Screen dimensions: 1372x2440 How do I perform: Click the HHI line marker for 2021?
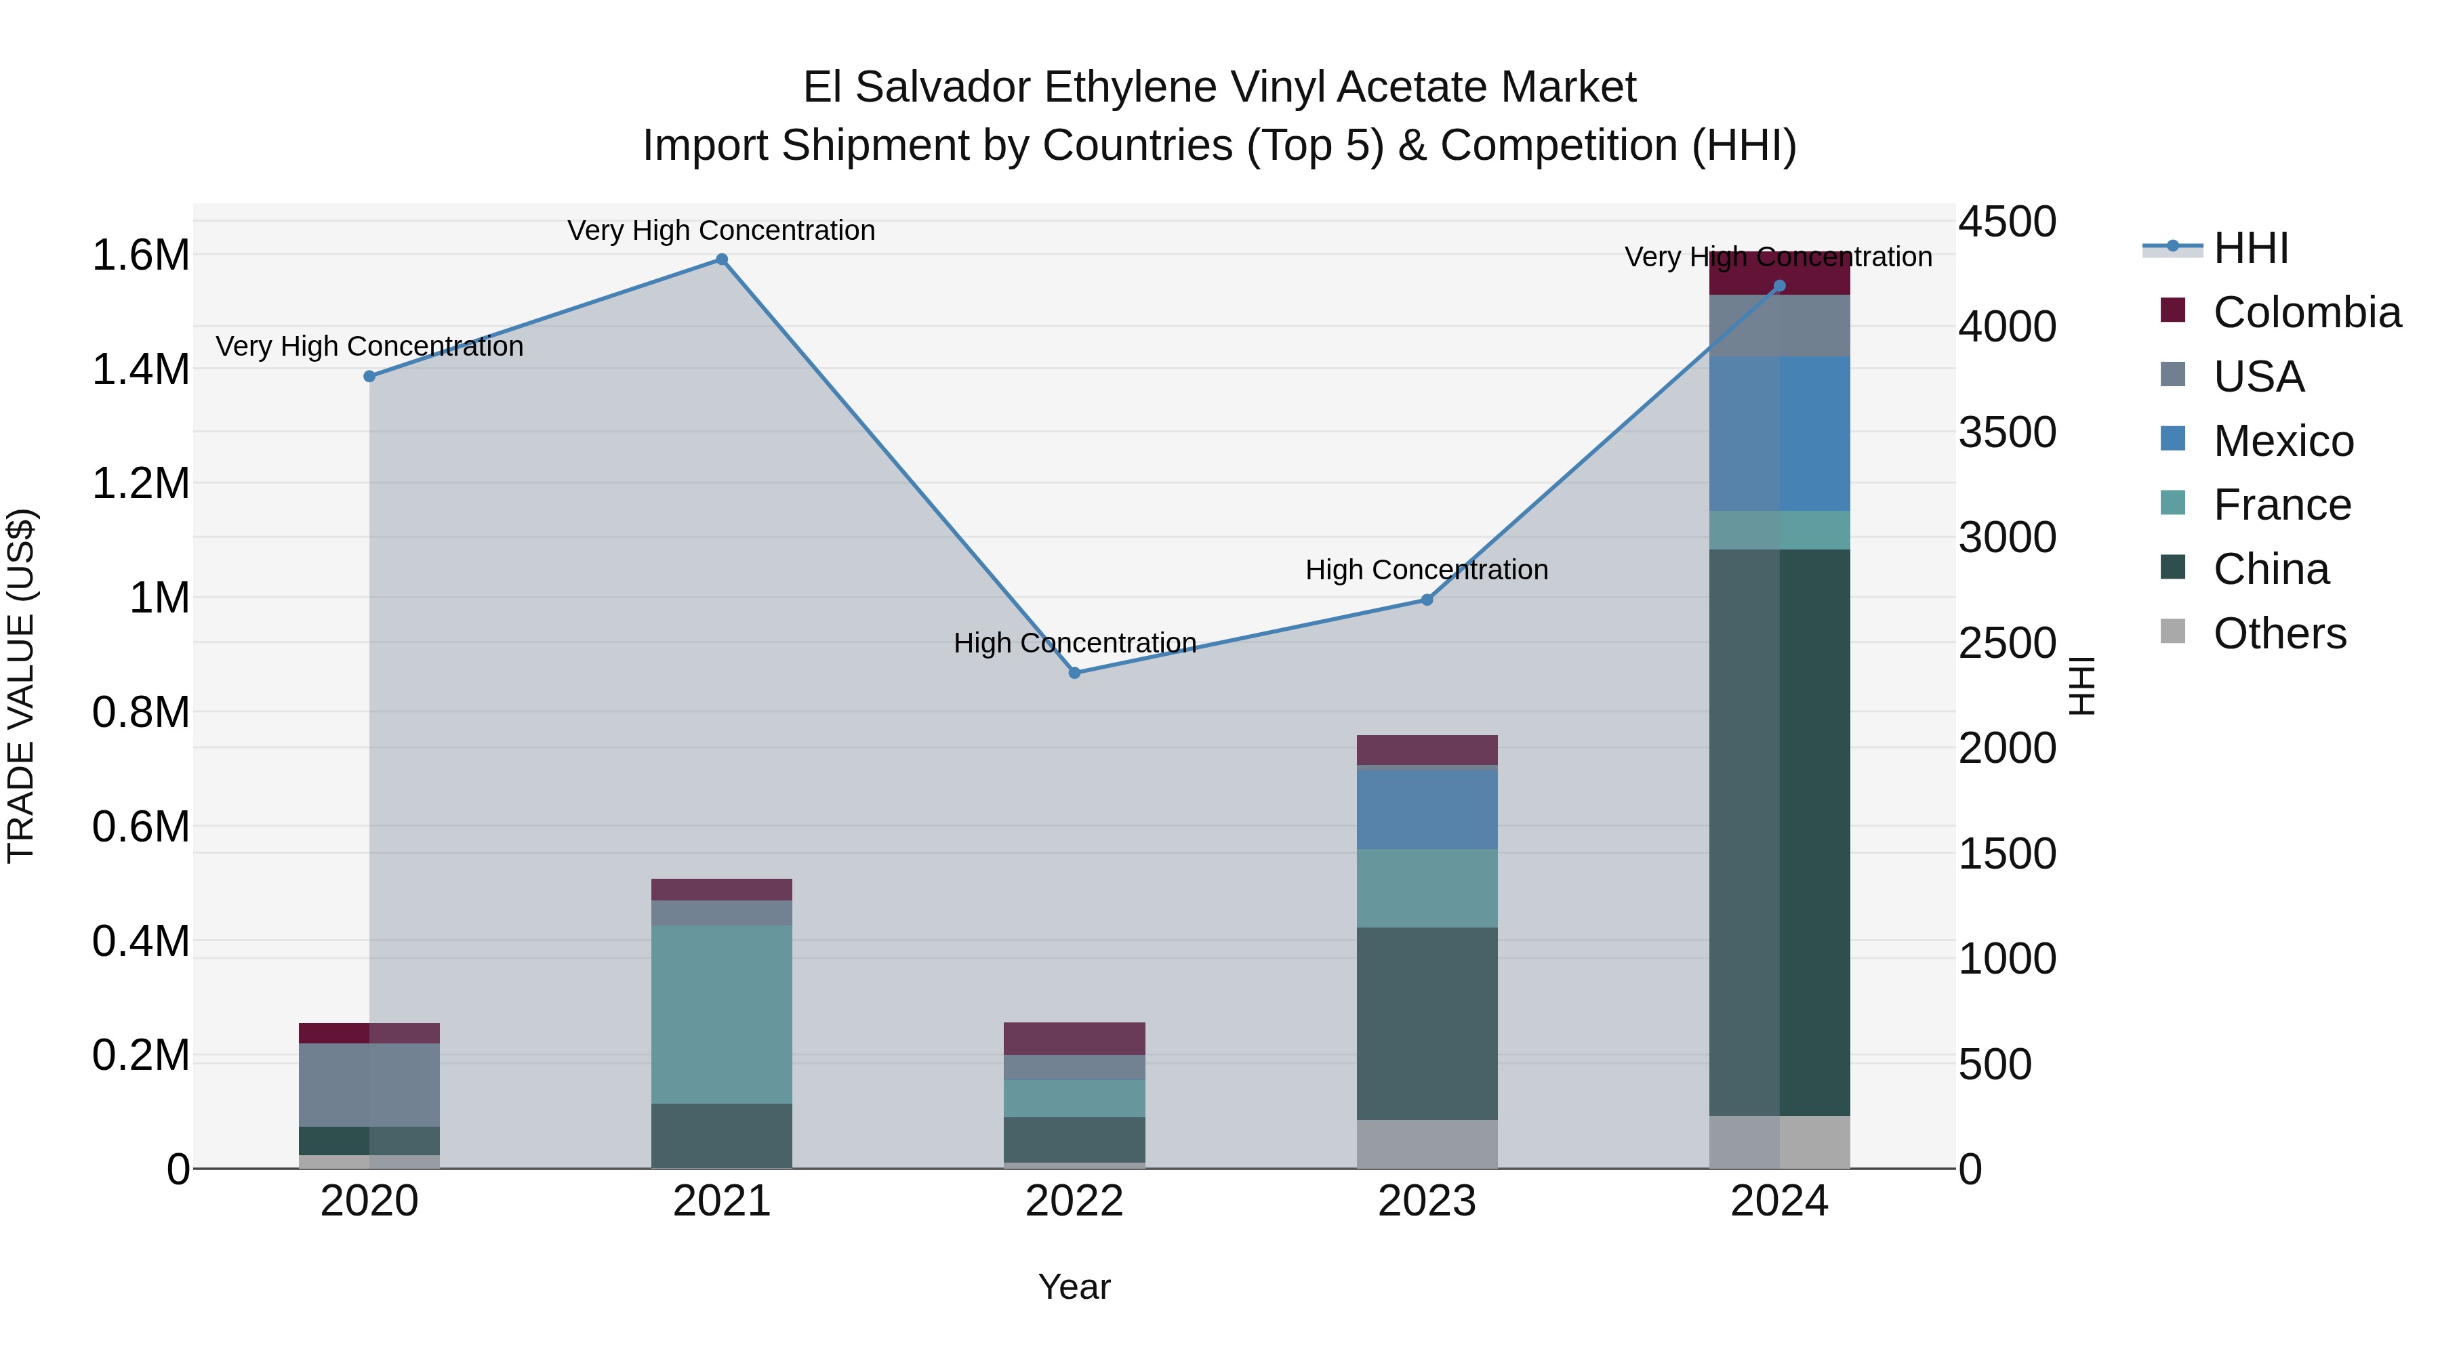pyautogui.click(x=722, y=259)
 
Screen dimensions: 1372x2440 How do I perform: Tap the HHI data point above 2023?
pyautogui.click(x=1427, y=600)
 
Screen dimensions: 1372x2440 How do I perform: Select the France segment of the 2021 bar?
pyautogui.click(x=722, y=1014)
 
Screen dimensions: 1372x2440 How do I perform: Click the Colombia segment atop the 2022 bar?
pyautogui.click(x=1074, y=1039)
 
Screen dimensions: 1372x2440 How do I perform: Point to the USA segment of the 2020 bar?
pyautogui.click(x=369, y=1085)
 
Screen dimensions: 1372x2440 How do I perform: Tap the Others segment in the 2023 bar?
pyautogui.click(x=1427, y=1145)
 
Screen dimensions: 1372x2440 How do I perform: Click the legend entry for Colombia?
pyautogui.click(x=2306, y=312)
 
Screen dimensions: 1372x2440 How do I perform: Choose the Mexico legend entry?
pyautogui.click(x=2283, y=441)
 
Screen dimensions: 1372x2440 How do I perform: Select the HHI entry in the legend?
pyautogui.click(x=2250, y=248)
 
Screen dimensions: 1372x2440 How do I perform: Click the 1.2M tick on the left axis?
pyautogui.click(x=140, y=484)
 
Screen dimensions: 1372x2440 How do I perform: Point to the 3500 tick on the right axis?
pyautogui.click(x=2007, y=433)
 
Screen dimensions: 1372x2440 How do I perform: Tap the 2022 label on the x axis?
pyautogui.click(x=1074, y=1201)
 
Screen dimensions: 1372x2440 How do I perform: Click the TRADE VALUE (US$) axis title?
pyautogui.click(x=21, y=686)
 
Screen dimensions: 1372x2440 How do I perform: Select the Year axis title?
pyautogui.click(x=1074, y=1287)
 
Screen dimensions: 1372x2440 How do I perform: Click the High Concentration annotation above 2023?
pyautogui.click(x=1427, y=570)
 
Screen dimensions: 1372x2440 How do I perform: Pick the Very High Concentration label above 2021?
pyautogui.click(x=722, y=230)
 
